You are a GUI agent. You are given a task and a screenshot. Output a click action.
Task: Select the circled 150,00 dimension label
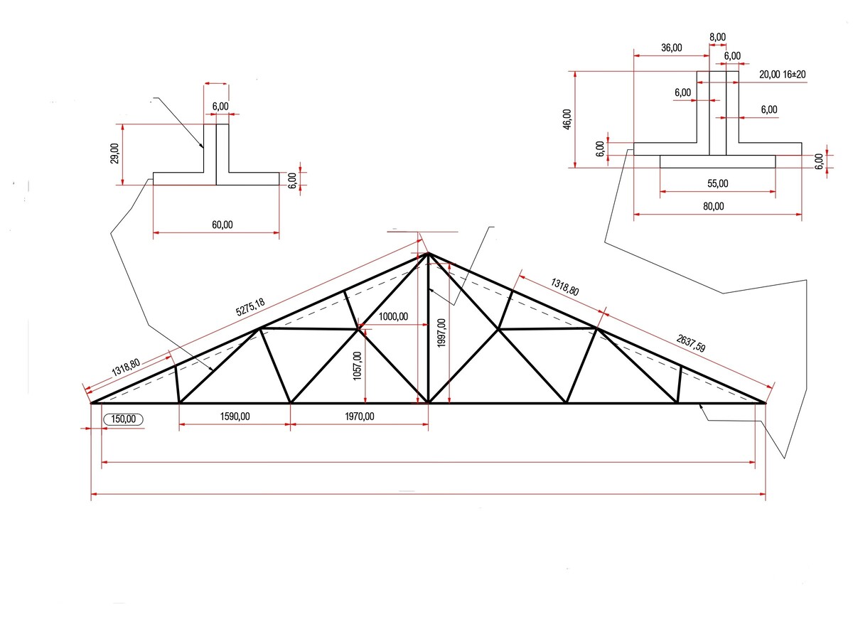point(124,419)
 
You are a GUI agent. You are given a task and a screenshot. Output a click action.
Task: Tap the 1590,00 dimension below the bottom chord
point(234,416)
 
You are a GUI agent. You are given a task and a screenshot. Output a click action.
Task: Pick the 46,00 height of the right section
point(567,119)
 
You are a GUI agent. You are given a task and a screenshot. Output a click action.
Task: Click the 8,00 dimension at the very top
point(717,37)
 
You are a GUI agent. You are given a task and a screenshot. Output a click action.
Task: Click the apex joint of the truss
point(427,254)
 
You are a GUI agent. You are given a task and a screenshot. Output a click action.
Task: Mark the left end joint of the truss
point(92,403)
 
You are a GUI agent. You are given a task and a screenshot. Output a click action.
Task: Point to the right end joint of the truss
point(765,403)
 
